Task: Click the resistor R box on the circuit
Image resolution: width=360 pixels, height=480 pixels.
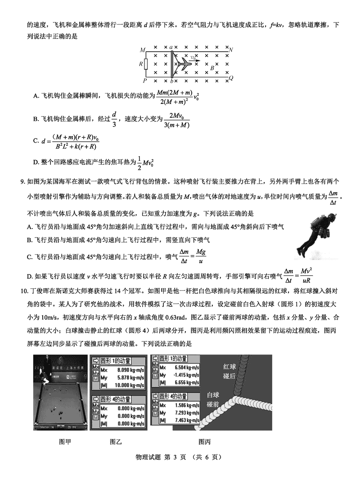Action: [146, 64]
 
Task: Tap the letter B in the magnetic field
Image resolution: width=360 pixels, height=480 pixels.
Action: [212, 68]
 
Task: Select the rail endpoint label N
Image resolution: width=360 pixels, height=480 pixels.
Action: [231, 49]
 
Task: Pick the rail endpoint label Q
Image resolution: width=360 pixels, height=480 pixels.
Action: [231, 78]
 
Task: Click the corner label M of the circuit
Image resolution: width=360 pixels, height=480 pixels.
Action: [142, 49]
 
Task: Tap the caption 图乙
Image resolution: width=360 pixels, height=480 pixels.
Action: [116, 442]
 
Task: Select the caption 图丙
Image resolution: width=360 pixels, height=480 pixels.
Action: [205, 442]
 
